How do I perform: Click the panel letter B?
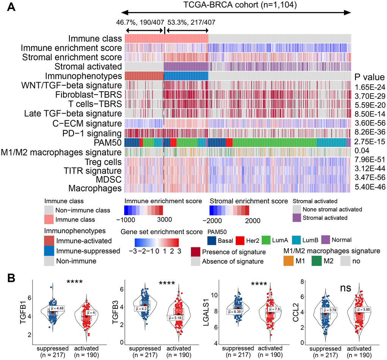tap(12, 278)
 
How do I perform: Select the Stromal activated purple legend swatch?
tap(300, 218)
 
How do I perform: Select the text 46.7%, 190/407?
tap(140, 22)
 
